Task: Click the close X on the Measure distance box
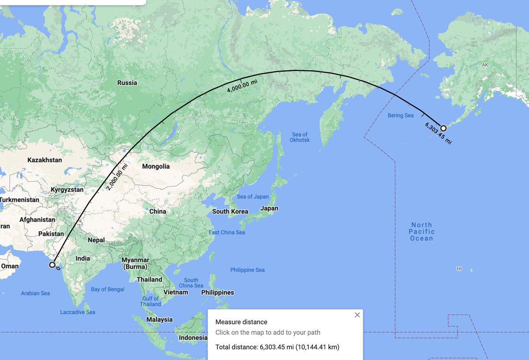tap(357, 315)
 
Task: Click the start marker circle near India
tap(52, 265)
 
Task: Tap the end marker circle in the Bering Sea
tap(443, 128)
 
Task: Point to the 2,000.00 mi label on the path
tap(116, 177)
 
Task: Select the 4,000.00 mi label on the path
tap(242, 84)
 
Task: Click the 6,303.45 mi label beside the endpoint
tap(438, 133)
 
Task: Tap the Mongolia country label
tap(156, 166)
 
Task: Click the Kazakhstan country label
tap(45, 160)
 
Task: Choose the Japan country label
tap(269, 208)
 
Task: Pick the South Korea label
tap(227, 211)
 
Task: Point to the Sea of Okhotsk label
tap(300, 137)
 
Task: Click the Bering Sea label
tap(401, 116)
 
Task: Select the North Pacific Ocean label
tap(421, 232)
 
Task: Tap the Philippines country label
tap(217, 292)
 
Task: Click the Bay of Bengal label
tap(108, 289)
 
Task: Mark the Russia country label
tap(127, 83)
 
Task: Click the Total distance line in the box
tap(277, 347)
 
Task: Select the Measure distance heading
tap(241, 322)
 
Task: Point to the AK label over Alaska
tap(485, 65)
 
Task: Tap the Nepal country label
tap(96, 240)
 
